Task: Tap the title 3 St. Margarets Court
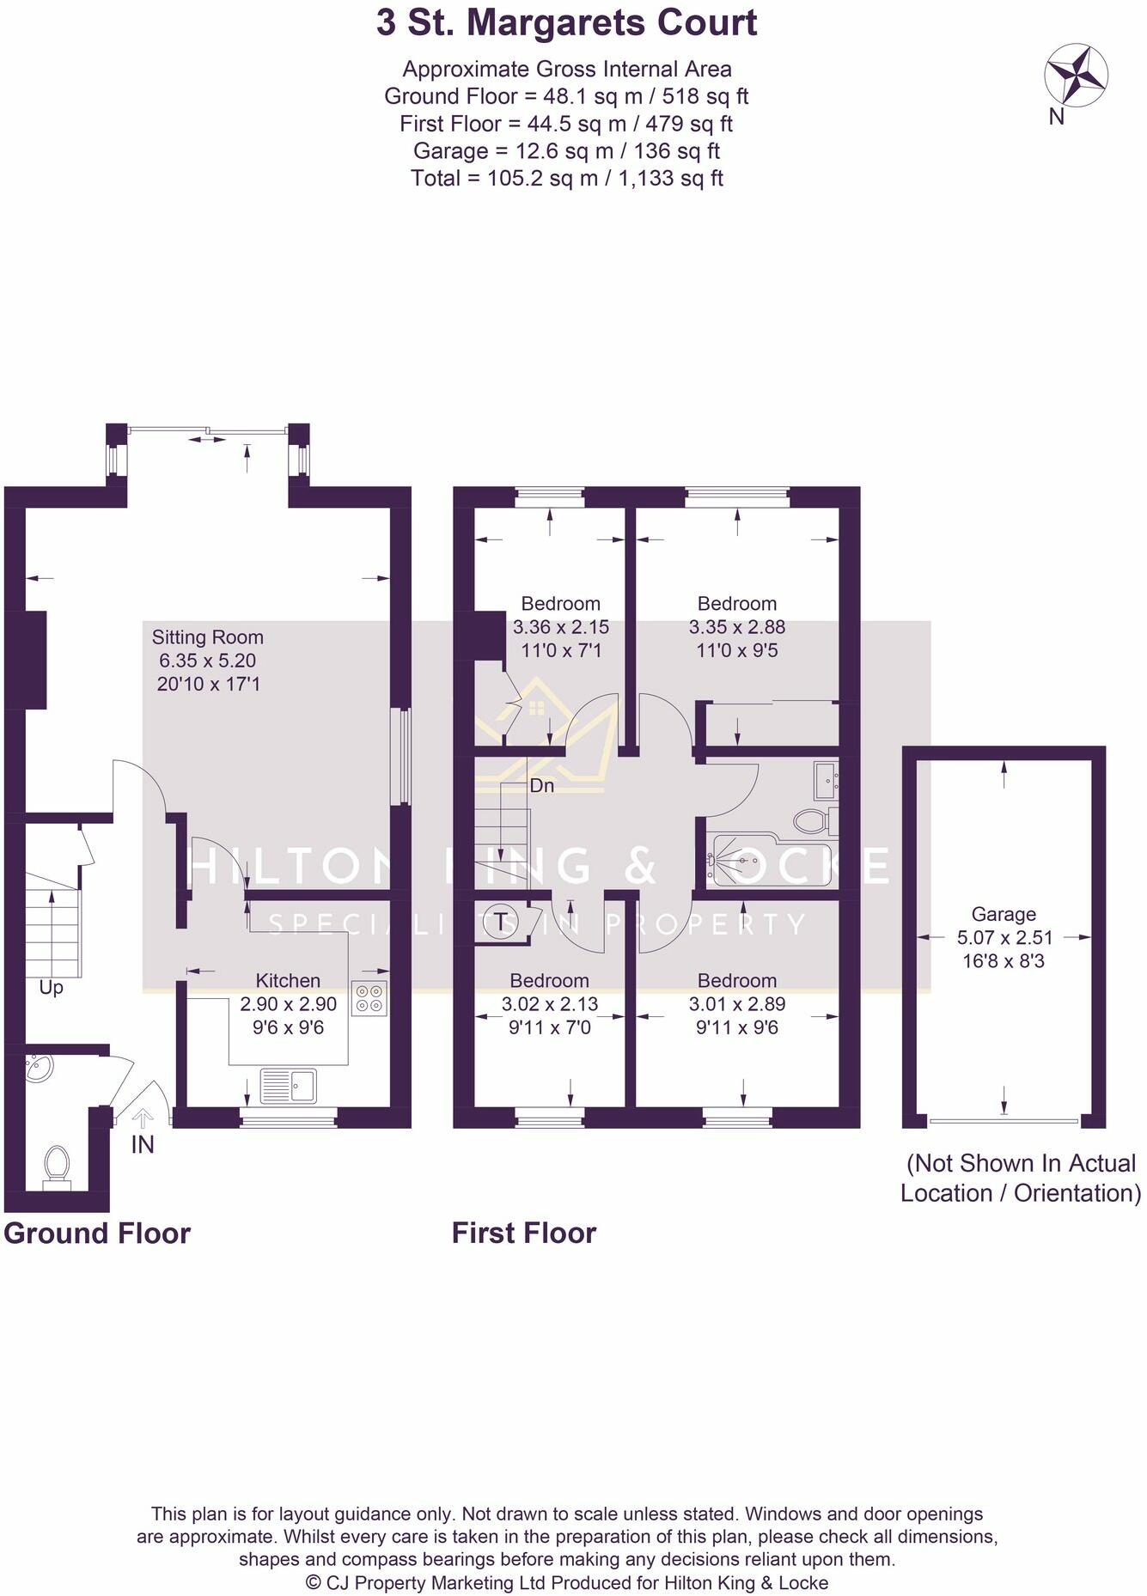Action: [x=566, y=23]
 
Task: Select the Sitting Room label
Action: [x=207, y=637]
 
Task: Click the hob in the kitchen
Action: [x=369, y=998]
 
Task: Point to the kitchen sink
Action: [x=288, y=1086]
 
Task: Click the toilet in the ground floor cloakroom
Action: [x=57, y=1167]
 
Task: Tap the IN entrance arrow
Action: [x=142, y=1118]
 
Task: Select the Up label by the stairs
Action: [x=51, y=988]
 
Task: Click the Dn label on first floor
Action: [x=541, y=786]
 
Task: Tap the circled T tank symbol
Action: [x=501, y=922]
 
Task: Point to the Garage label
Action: [x=1003, y=914]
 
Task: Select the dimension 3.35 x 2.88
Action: [x=736, y=627]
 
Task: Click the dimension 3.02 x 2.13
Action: [x=549, y=1004]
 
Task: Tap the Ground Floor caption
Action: [x=97, y=1233]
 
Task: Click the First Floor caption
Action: [x=523, y=1233]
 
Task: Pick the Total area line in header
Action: [x=566, y=179]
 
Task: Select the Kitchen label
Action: [x=288, y=981]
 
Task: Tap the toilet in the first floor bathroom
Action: [x=811, y=820]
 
